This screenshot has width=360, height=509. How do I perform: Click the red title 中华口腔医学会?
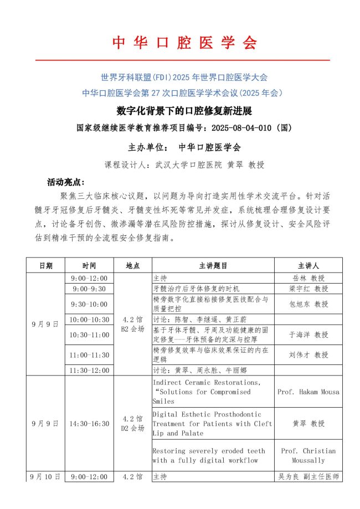(185, 43)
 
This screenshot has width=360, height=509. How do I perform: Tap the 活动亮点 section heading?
(66, 182)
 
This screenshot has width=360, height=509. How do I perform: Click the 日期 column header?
(46, 265)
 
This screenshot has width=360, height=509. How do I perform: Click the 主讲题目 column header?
(213, 265)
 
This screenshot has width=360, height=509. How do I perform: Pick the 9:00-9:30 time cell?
(89, 289)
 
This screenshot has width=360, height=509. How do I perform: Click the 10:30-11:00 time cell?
(89, 335)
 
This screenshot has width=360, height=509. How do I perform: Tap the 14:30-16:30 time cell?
(89, 424)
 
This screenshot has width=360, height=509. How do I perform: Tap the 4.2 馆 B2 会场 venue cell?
(132, 323)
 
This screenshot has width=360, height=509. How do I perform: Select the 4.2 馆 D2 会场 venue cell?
(132, 424)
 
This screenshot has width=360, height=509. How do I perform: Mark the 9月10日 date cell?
(46, 476)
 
